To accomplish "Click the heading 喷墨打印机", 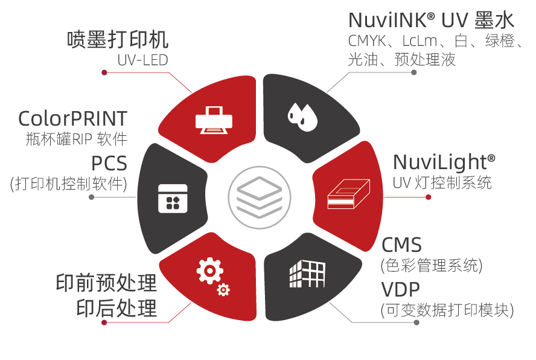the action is (117, 40).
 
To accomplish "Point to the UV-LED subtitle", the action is (142, 60).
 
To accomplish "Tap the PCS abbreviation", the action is (109, 163).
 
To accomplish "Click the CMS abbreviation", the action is (401, 245).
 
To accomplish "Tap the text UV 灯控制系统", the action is (442, 182).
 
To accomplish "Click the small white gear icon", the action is (223, 291).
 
